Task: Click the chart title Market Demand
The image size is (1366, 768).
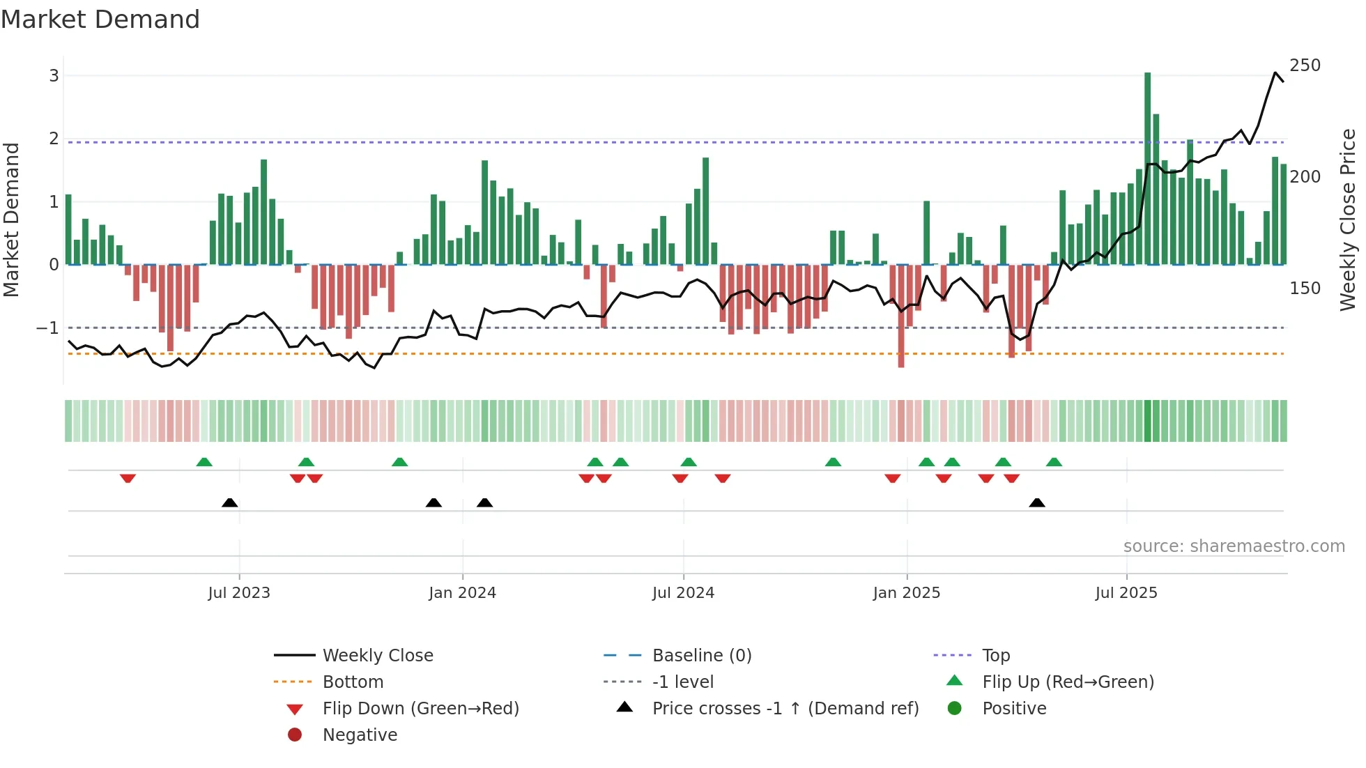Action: tap(100, 20)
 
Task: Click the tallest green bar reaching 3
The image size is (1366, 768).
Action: tap(1147, 167)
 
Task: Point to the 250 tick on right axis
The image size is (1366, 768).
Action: tap(1305, 66)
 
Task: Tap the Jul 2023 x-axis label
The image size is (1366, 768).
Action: tap(239, 593)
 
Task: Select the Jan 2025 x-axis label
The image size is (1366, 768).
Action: tap(906, 593)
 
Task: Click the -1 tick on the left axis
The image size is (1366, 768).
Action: tap(48, 328)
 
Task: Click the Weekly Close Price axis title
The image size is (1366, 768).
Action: tap(1348, 220)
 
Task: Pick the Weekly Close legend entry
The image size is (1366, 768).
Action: tap(377, 656)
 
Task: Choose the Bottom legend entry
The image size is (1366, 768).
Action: tap(353, 682)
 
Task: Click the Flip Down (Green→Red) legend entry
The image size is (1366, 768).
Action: tap(420, 709)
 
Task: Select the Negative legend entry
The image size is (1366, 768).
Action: tap(360, 735)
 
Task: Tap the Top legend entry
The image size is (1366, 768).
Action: tap(996, 656)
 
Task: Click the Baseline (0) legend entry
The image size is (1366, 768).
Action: tap(701, 656)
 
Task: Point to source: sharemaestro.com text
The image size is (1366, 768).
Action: tap(1234, 546)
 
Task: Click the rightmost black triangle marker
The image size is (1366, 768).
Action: tap(1037, 502)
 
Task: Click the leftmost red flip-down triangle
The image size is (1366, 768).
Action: tap(128, 478)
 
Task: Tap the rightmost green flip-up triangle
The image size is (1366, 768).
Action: tap(1054, 462)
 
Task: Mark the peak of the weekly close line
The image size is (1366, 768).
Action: tap(1275, 72)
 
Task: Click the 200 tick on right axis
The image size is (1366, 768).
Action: tap(1305, 177)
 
